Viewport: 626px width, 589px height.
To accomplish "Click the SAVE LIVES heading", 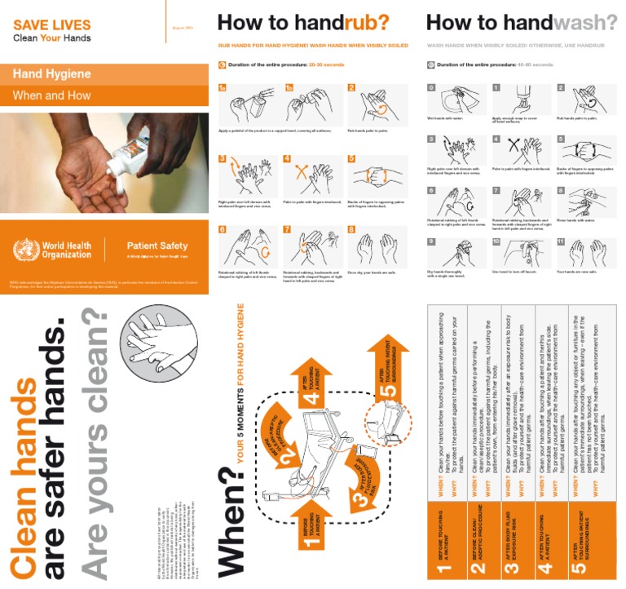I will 52,25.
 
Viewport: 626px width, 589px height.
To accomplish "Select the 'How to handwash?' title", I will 522,22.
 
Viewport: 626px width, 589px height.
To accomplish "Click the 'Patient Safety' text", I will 157,246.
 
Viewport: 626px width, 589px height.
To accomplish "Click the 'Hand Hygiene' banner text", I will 52,74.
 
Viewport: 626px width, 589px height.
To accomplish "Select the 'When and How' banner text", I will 52,95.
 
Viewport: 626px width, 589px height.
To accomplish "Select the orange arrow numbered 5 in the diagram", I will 389,367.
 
